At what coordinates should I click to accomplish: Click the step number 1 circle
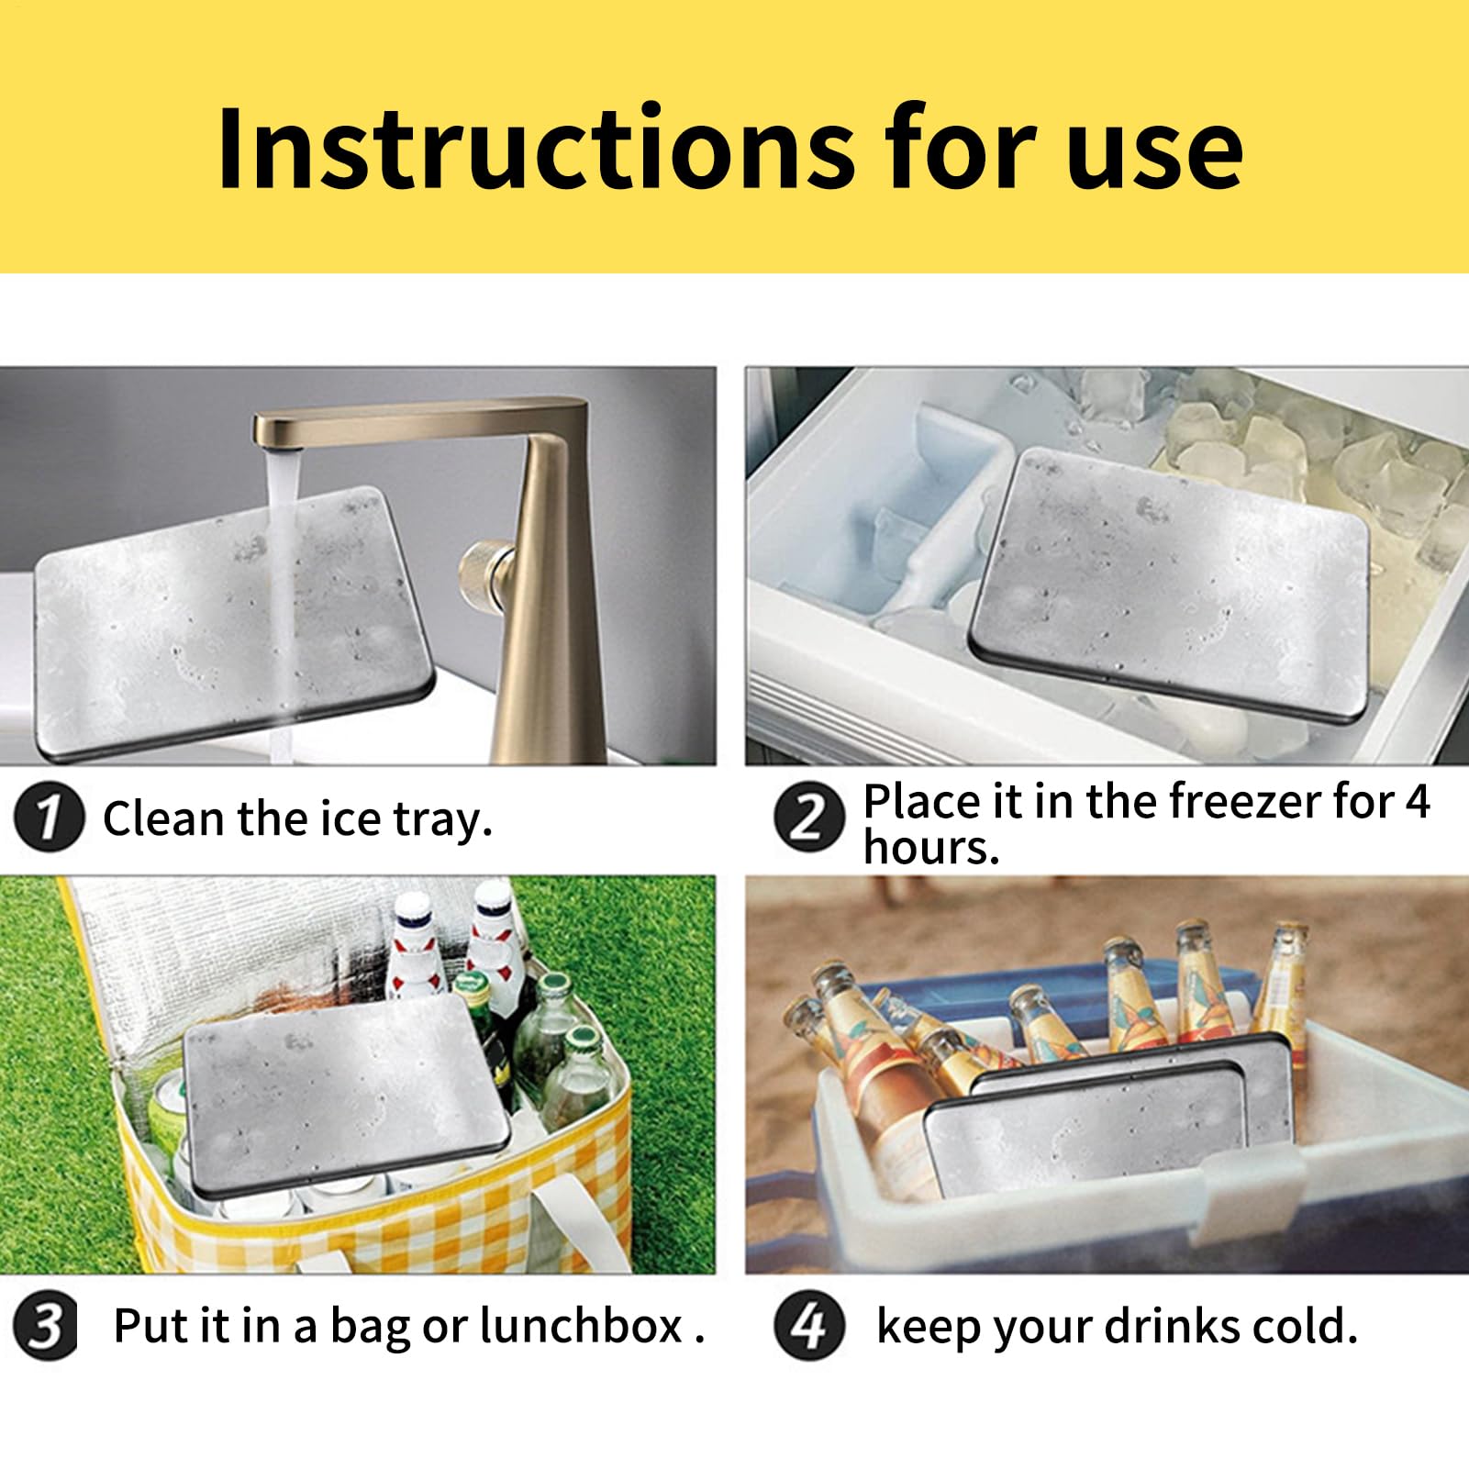pos(48,818)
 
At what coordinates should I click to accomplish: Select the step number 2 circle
pos(807,817)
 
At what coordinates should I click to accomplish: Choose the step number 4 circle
pos(808,1326)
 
